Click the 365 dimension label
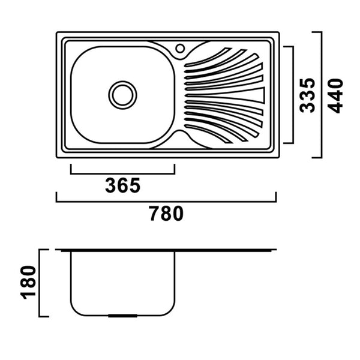(122, 185)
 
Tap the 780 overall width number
(166, 213)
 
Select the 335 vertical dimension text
(307, 95)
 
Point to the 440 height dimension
(335, 96)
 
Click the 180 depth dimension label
(29, 283)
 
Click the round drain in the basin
(122, 95)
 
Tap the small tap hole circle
(180, 49)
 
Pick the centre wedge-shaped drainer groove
(225, 95)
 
